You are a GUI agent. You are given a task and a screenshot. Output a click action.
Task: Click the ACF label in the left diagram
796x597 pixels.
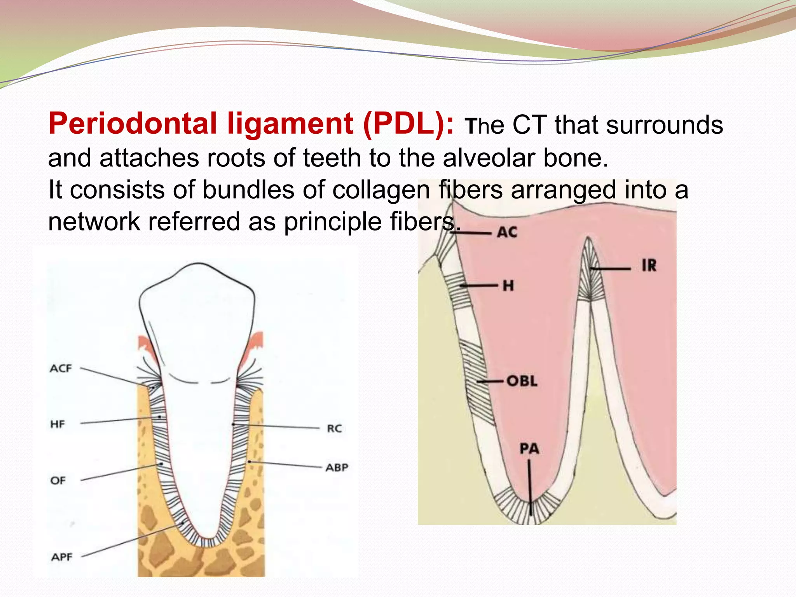pyautogui.click(x=61, y=368)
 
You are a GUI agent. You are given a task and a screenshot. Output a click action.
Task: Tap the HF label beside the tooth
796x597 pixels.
pyautogui.click(x=58, y=424)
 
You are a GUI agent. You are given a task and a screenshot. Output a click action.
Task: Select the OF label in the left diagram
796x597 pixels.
pyautogui.click(x=58, y=480)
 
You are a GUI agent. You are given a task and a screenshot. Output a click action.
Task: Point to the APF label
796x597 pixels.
pyautogui.click(x=62, y=557)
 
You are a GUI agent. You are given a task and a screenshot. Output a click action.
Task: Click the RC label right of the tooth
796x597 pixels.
pyautogui.click(x=334, y=428)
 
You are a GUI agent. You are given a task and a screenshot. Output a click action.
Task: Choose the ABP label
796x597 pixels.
pyautogui.click(x=337, y=467)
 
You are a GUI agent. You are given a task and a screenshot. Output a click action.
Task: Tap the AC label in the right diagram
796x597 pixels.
pyautogui.click(x=507, y=232)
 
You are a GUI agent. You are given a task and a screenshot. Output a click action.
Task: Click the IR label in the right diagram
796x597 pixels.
pyautogui.click(x=649, y=266)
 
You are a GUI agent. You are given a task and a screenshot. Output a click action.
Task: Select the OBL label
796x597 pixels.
pyautogui.click(x=522, y=381)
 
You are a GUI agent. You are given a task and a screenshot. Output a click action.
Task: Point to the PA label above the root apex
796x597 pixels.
pyautogui.click(x=529, y=449)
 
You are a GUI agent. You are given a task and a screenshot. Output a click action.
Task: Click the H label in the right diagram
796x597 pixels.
pyautogui.click(x=508, y=286)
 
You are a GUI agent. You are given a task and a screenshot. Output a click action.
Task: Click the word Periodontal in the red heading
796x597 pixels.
pyautogui.click(x=132, y=124)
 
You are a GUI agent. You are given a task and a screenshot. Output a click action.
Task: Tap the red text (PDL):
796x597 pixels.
pyautogui.click(x=408, y=124)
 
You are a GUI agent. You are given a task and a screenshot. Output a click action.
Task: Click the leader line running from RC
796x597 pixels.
pyautogui.click(x=276, y=426)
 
